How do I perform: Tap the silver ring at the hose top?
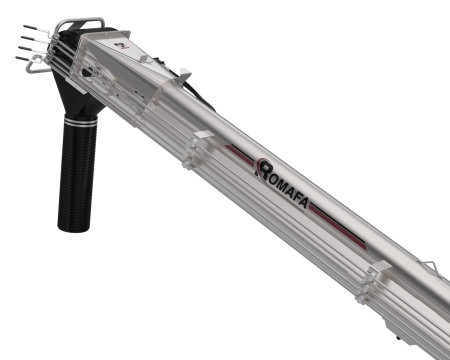80,120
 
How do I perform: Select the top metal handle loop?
80,22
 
